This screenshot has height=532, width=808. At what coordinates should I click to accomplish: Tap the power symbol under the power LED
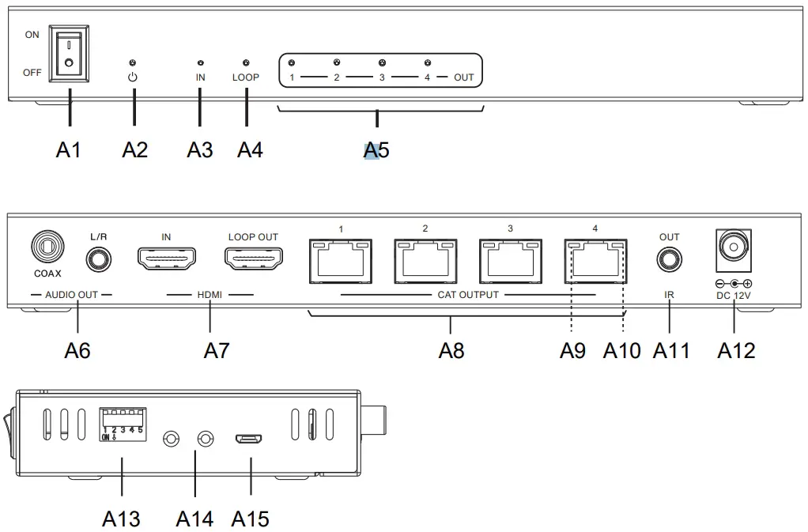click(x=133, y=77)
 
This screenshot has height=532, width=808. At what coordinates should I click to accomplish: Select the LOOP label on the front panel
click(x=245, y=77)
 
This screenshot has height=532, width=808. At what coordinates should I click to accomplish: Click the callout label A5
click(x=376, y=149)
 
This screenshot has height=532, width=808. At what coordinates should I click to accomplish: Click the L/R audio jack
click(x=99, y=258)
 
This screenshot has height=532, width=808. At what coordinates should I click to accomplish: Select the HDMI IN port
click(x=167, y=258)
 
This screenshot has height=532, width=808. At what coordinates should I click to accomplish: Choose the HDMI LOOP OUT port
click(x=253, y=258)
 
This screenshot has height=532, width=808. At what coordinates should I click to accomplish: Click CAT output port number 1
click(x=342, y=261)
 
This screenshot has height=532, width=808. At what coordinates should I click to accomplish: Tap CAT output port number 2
click(x=425, y=261)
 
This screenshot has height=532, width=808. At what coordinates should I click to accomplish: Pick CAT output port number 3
click(x=510, y=261)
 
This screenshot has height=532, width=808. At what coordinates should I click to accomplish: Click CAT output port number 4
click(x=595, y=261)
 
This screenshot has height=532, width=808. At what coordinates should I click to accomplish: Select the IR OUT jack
click(x=670, y=258)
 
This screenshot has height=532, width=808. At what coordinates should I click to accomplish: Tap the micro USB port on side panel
click(x=250, y=439)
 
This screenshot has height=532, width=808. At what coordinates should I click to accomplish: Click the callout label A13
click(x=121, y=519)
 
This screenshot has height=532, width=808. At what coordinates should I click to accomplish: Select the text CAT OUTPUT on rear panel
click(x=469, y=296)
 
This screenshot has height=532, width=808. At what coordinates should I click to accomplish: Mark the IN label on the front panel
click(x=200, y=77)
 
